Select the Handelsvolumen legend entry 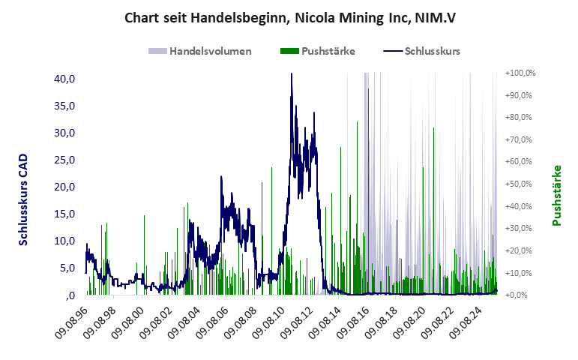tap(199, 51)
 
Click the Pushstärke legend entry tap(317, 51)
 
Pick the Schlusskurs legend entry tap(421, 51)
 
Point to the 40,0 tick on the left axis tap(64, 79)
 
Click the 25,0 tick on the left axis tap(64, 160)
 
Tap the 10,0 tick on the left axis tap(64, 241)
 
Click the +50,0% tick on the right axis tap(520, 184)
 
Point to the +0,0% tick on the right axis tap(520, 295)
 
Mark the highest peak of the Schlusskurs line tap(292, 74)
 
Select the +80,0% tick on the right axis tap(520, 118)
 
